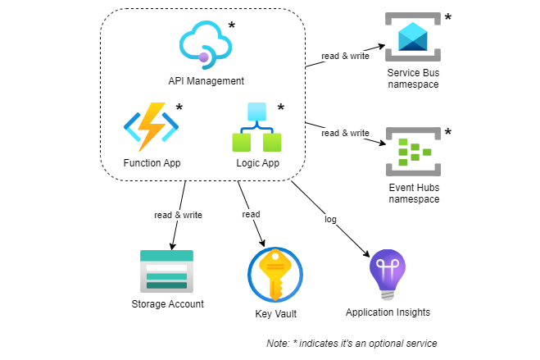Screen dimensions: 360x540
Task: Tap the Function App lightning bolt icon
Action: pyautogui.click(x=151, y=127)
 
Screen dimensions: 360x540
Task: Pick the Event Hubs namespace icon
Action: pyautogui.click(x=414, y=152)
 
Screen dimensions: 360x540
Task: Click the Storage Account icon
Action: pyautogui.click(x=167, y=271)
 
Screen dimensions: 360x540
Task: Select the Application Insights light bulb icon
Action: pyautogui.click(x=387, y=274)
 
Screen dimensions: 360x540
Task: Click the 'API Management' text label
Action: pyautogui.click(x=206, y=81)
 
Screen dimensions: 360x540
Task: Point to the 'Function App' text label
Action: pyautogui.click(x=152, y=163)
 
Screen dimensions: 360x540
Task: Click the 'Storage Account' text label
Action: pyautogui.click(x=167, y=304)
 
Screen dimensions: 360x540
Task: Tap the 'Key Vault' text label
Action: pyautogui.click(x=275, y=313)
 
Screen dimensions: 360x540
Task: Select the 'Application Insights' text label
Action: pyautogui.click(x=388, y=312)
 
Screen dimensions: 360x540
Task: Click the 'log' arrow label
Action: pyautogui.click(x=330, y=219)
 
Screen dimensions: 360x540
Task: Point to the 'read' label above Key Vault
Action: pyautogui.click(x=251, y=214)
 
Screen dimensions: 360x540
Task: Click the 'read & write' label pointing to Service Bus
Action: pyautogui.click(x=345, y=57)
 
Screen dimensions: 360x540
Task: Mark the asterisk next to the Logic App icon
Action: pyautogui.click(x=280, y=108)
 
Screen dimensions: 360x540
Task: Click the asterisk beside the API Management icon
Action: pyautogui.click(x=231, y=26)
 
